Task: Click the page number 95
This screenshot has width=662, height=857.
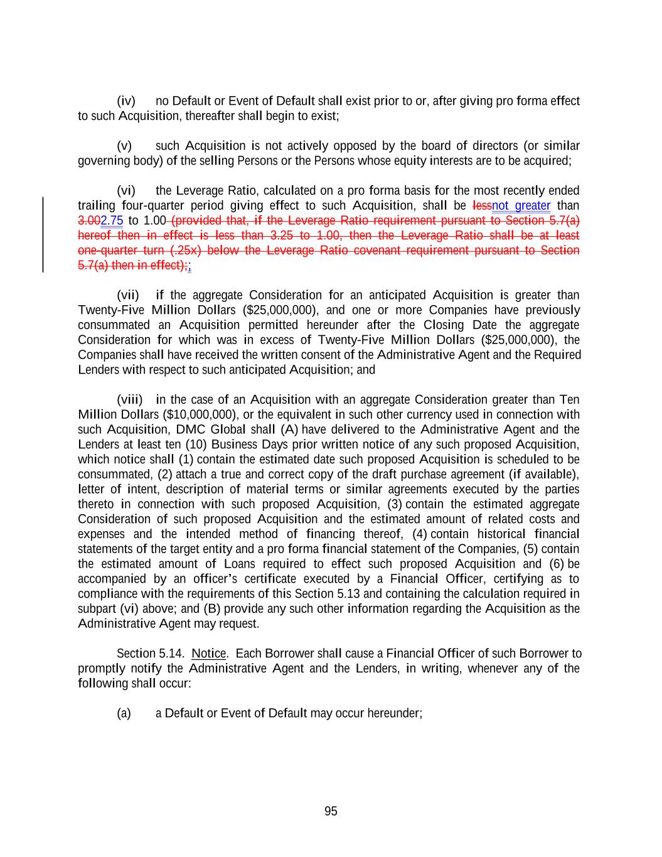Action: [331, 811]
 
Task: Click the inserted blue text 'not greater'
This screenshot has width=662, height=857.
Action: [521, 206]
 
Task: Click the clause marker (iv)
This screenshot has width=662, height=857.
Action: [126, 101]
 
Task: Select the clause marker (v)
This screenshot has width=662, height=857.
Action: [124, 146]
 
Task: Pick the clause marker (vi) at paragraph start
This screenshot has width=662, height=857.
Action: [126, 191]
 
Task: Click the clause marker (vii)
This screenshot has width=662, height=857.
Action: [128, 295]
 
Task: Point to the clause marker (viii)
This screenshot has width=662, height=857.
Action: [130, 400]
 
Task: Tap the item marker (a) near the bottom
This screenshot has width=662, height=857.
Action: [124, 713]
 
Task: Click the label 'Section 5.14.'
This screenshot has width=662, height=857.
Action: [151, 654]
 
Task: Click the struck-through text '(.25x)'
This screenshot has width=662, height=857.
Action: [185, 251]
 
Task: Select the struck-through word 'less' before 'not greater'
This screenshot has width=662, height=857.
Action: [481, 206]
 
